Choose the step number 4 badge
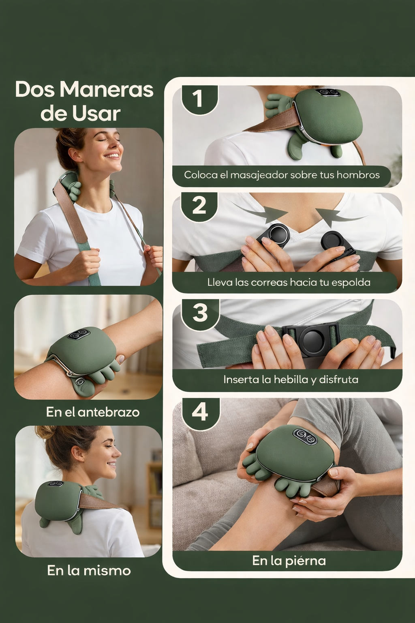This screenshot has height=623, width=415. coord(200,412)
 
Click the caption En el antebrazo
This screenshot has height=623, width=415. coord(93,412)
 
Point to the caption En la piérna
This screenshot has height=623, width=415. coord(289,561)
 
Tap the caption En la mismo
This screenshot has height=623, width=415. coord(89,570)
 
